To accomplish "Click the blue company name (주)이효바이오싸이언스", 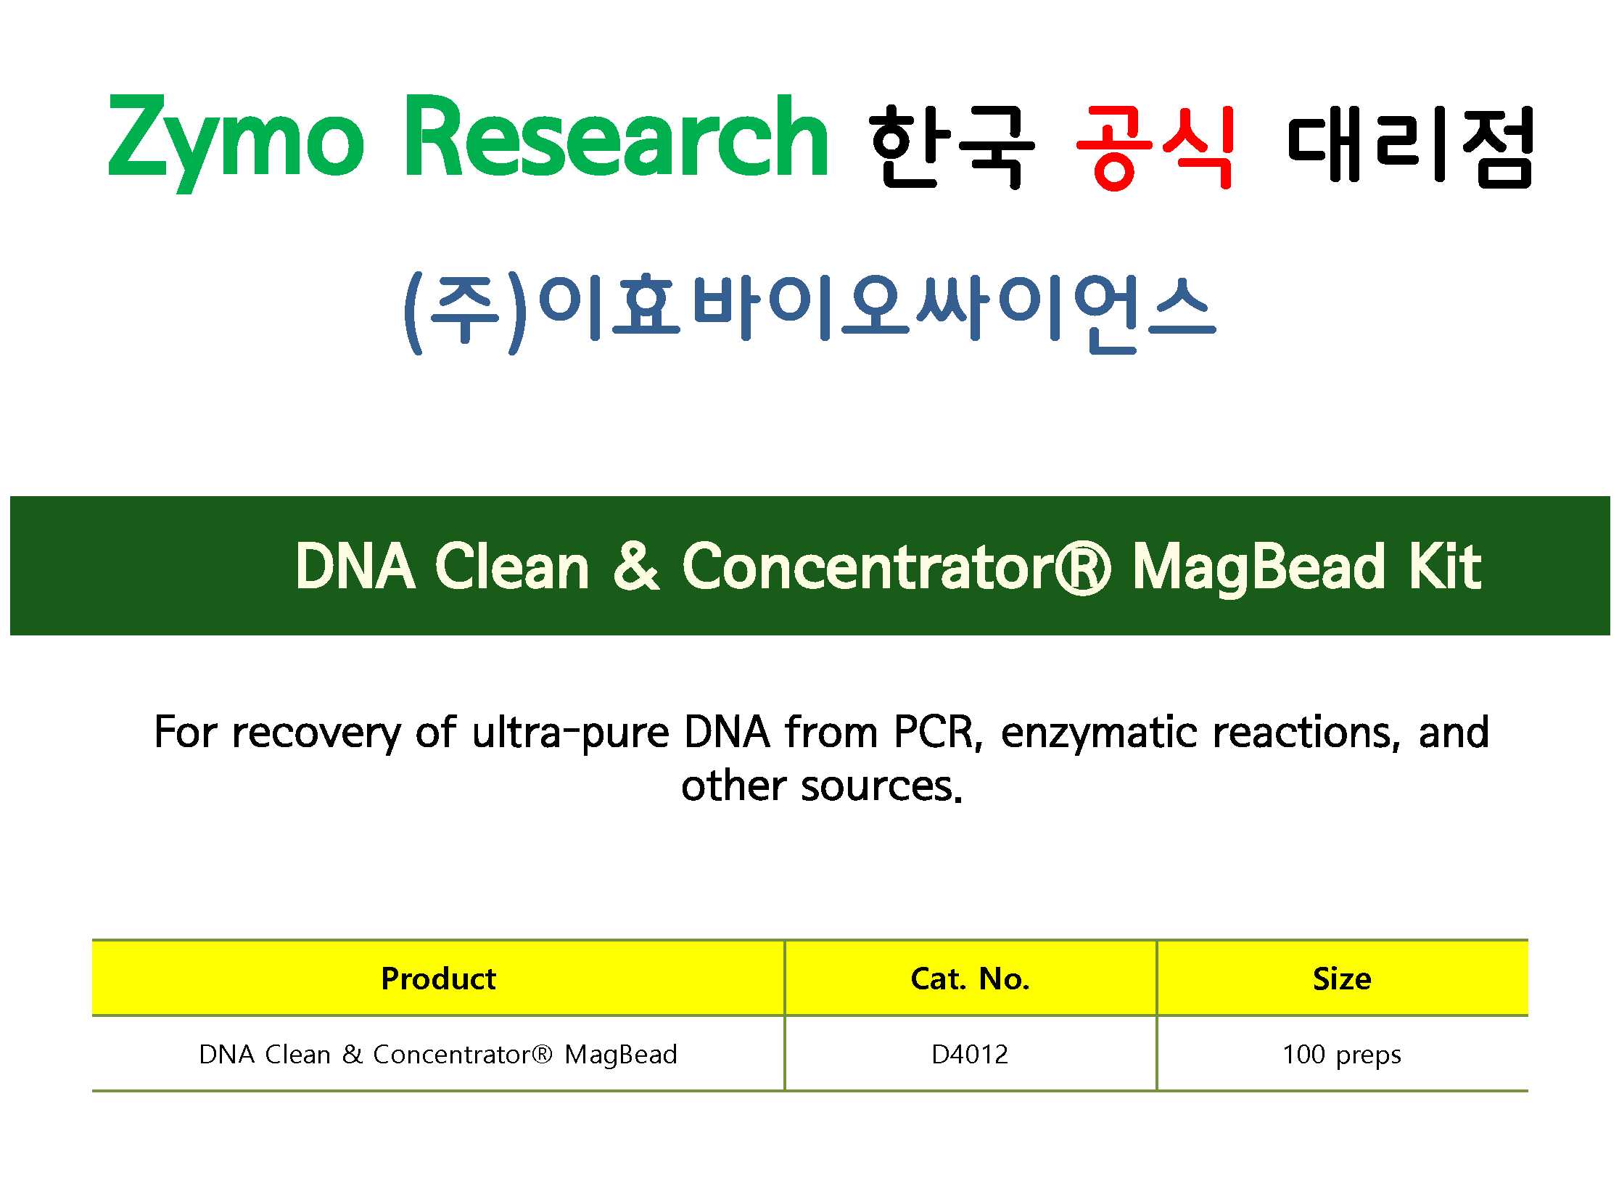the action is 809,312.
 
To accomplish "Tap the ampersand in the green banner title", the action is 635,566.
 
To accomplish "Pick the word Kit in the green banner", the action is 1445,566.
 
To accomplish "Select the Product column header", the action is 438,979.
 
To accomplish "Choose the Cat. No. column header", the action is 971,979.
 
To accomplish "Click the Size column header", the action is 1342,979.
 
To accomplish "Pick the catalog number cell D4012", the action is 970,1055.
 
